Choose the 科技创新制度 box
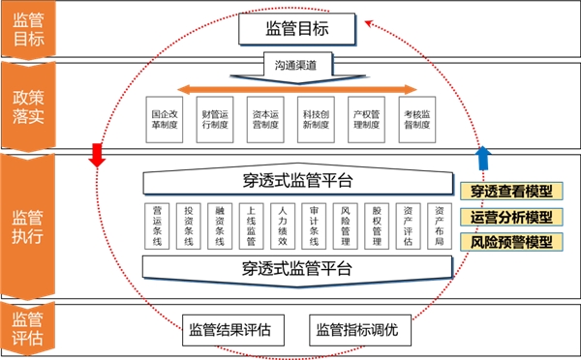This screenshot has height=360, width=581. pos(317,118)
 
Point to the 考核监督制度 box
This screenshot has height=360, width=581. pos(419,118)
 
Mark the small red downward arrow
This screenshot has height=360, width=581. pos(96,154)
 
